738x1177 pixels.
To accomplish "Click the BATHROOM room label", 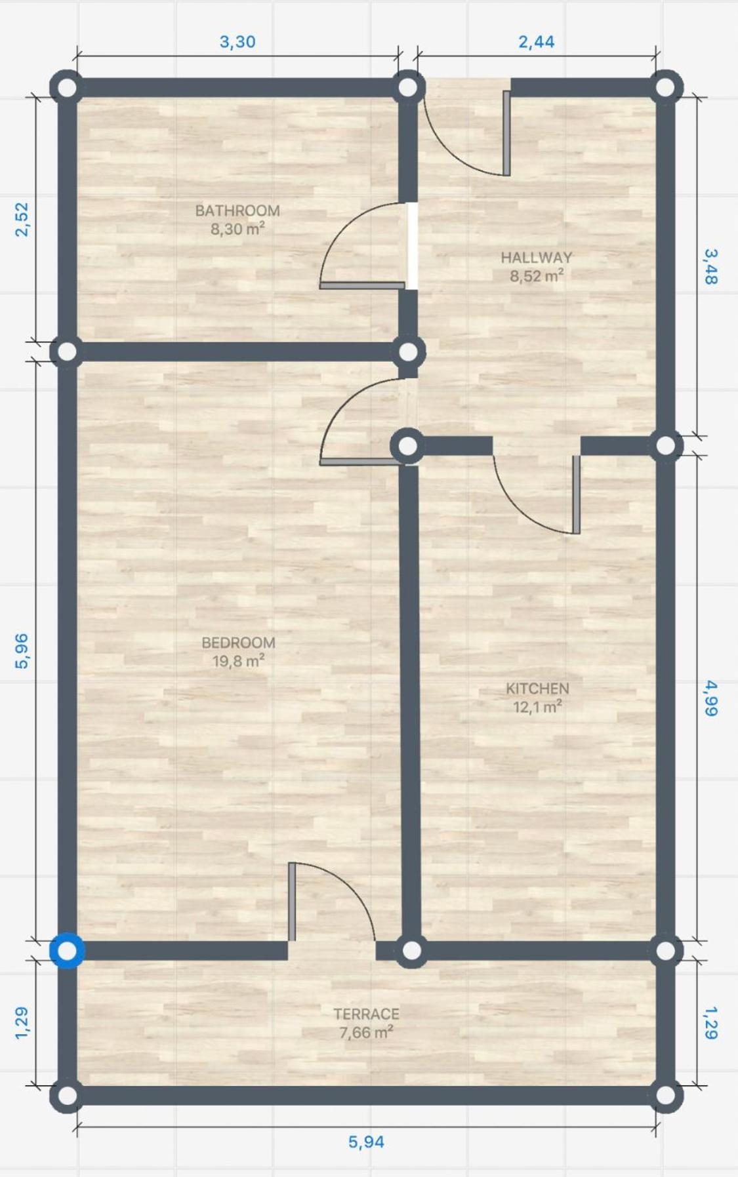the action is pyautogui.click(x=237, y=210).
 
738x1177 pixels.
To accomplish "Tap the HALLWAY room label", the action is pyautogui.click(x=537, y=258).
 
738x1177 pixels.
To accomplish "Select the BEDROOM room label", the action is pyautogui.click(x=238, y=643).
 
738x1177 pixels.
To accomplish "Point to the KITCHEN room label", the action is pyautogui.click(x=537, y=688).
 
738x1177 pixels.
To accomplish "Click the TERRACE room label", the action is pyautogui.click(x=366, y=1014).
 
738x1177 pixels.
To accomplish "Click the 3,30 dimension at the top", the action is pyautogui.click(x=237, y=42).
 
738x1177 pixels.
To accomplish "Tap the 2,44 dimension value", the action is pyautogui.click(x=537, y=42).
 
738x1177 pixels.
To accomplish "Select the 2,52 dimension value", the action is pyautogui.click(x=22, y=219).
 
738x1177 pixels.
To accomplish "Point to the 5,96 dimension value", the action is pyautogui.click(x=22, y=651).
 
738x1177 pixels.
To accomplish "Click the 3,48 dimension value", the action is pyautogui.click(x=710, y=266).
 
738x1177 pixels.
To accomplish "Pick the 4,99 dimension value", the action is pyautogui.click(x=710, y=698).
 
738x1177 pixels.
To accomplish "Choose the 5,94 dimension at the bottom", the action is pyautogui.click(x=366, y=1142).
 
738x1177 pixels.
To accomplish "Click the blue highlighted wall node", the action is pyautogui.click(x=68, y=950).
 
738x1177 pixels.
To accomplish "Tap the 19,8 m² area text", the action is pyautogui.click(x=238, y=661).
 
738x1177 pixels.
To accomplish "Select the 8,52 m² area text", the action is pyautogui.click(x=537, y=276).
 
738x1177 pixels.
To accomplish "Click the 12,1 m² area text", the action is pyautogui.click(x=537, y=707).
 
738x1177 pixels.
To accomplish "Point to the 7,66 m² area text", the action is pyautogui.click(x=366, y=1032).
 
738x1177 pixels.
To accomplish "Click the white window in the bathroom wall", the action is pyautogui.click(x=412, y=246).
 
